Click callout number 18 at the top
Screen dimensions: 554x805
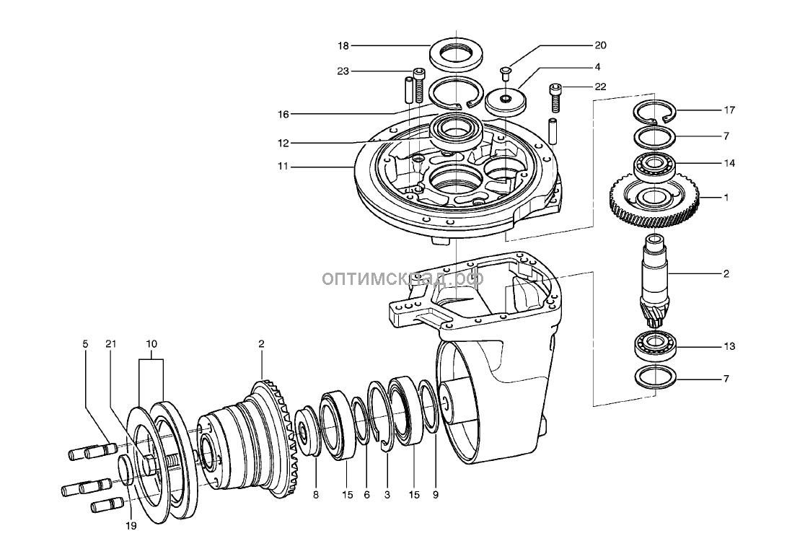343,45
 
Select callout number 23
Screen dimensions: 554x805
343,71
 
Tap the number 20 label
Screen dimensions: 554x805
600,45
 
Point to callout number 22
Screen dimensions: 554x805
600,87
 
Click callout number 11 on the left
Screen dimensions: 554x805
282,166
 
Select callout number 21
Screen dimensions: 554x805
110,343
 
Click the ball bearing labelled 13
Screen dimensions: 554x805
655,346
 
